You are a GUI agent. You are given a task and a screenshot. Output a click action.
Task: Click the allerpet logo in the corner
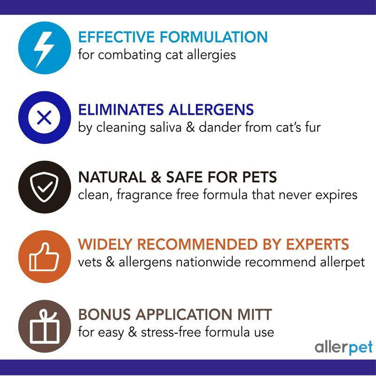coord(344,348)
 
